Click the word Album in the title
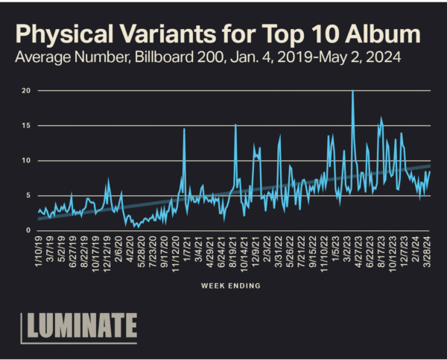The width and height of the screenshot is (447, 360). [x=381, y=34]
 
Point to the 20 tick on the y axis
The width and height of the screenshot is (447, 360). [x=26, y=90]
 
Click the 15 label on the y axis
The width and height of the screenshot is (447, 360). [x=26, y=125]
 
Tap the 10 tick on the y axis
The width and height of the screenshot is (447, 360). [x=26, y=160]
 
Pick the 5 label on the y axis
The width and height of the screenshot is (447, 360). [x=28, y=195]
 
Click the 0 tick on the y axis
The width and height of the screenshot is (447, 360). [x=28, y=230]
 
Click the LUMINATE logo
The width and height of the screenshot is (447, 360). [x=78, y=326]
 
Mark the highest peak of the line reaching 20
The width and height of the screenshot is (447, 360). [x=352, y=91]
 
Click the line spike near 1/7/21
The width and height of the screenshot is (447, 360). [x=184, y=130]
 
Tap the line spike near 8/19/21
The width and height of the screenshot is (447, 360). [x=235, y=125]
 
